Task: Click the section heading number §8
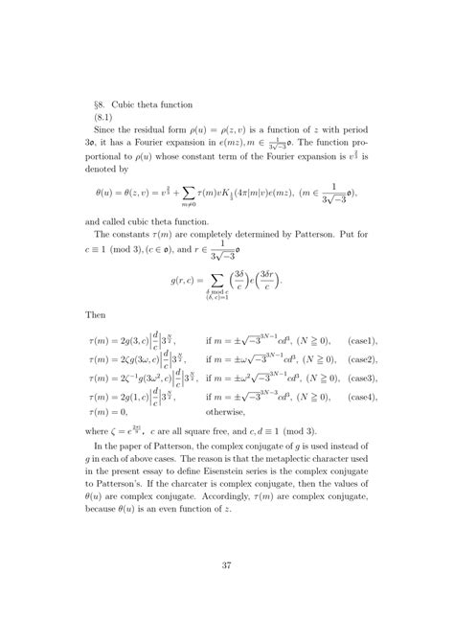[x=91, y=103]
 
